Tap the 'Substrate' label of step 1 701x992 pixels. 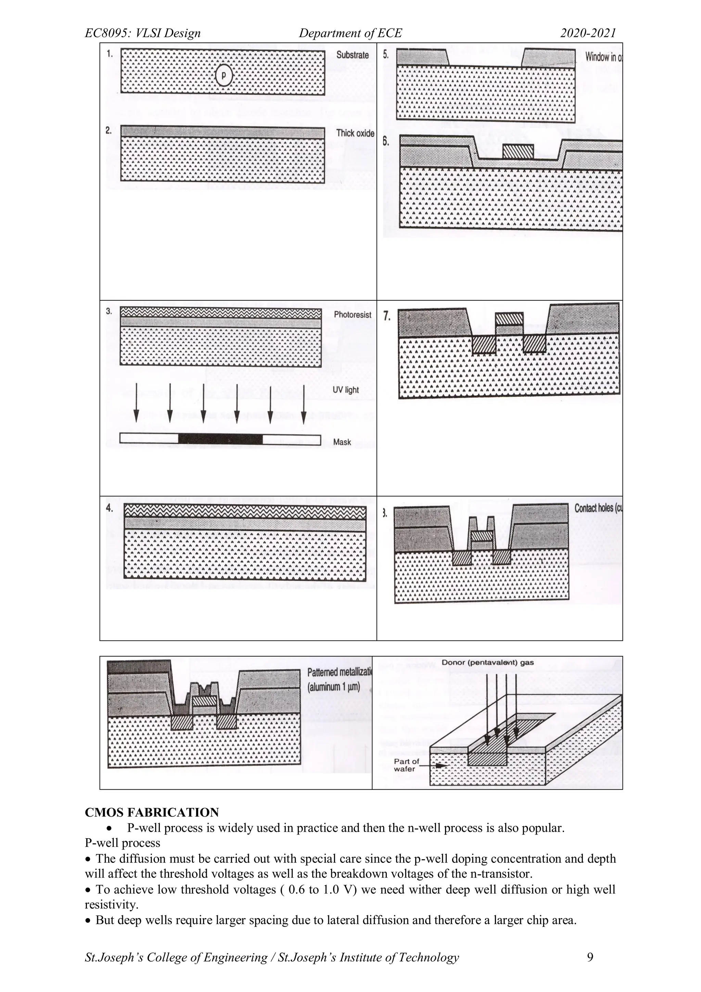[x=352, y=55]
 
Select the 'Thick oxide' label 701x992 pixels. [x=355, y=133]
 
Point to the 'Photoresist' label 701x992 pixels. [x=352, y=314]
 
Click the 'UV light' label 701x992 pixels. [x=345, y=390]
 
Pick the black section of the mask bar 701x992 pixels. [x=220, y=439]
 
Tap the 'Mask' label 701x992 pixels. [x=342, y=442]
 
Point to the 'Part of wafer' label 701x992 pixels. [x=406, y=765]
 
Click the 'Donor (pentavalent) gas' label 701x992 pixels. [x=487, y=662]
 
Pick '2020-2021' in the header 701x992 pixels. [x=588, y=33]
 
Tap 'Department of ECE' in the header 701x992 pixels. [x=350, y=33]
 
